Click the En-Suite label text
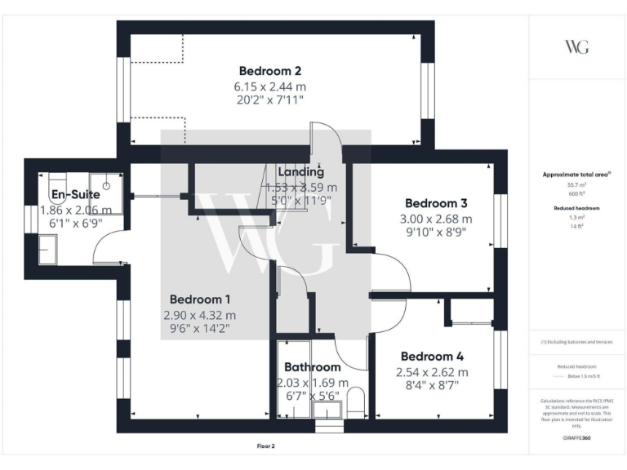(75, 194)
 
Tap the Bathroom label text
(312, 367)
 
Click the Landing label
(300, 171)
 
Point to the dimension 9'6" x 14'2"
(200, 330)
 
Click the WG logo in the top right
(576, 47)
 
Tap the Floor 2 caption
(268, 446)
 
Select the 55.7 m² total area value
(576, 185)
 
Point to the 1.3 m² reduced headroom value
(576, 218)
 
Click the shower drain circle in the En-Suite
(106, 175)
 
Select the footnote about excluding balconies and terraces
(576, 342)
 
